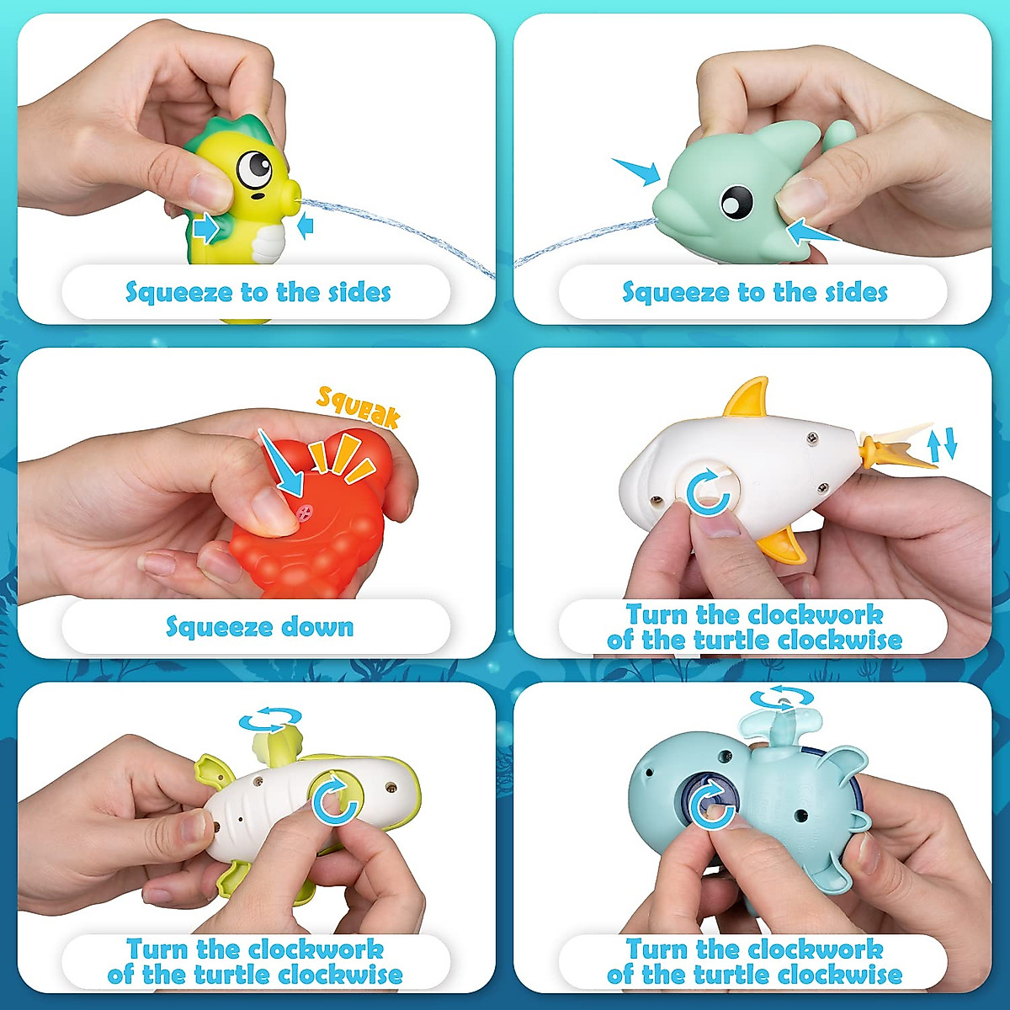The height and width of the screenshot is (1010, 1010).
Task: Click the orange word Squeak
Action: [358, 406]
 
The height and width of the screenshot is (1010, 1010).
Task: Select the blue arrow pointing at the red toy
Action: [281, 465]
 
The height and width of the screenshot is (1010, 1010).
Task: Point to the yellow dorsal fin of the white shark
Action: [748, 398]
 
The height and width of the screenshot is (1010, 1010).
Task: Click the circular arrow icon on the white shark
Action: [708, 492]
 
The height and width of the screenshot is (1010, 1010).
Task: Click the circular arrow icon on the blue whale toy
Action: [712, 803]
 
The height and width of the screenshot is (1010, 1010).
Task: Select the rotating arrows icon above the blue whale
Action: [782, 699]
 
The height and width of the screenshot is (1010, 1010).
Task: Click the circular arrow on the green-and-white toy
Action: [336, 798]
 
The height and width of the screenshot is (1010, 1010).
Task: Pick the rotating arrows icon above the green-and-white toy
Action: [270, 720]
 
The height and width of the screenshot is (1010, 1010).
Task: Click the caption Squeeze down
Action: [259, 627]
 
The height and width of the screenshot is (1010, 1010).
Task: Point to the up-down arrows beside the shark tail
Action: [942, 444]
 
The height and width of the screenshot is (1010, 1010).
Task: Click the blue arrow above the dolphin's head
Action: [636, 171]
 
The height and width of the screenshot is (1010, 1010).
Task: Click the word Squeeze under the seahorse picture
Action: [178, 293]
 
